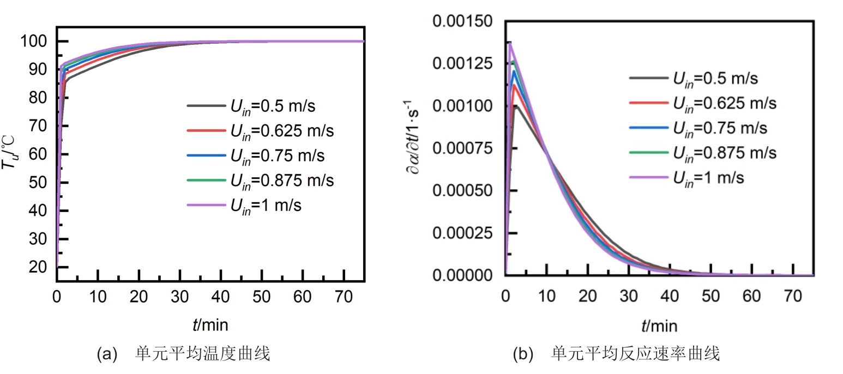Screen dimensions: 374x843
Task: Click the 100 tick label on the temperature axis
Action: pyautogui.click(x=35, y=41)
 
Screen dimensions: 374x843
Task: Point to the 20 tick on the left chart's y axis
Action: pyautogui.click(x=39, y=267)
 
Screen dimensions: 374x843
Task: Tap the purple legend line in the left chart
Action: pyautogui.click(x=206, y=206)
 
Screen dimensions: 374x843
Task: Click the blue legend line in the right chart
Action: pyautogui.click(x=648, y=128)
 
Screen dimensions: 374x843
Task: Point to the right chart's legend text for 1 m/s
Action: pyautogui.click(x=708, y=178)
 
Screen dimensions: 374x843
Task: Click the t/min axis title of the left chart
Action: pyautogui.click(x=210, y=325)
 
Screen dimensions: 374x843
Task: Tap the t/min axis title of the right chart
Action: pyautogui.click(x=659, y=326)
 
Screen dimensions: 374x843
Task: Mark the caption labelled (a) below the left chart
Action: pyautogui.click(x=183, y=354)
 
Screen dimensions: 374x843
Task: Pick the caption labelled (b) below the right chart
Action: pyautogui.click(x=616, y=354)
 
